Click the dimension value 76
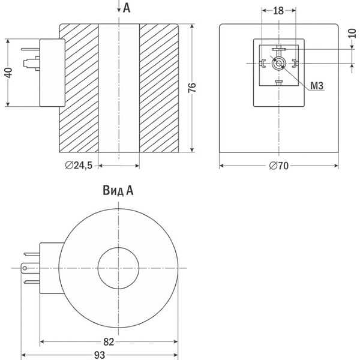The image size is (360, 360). tap(192, 88)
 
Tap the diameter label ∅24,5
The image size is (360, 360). tap(78, 166)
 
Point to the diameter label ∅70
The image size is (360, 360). tap(278, 166)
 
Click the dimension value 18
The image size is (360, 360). tap(278, 11)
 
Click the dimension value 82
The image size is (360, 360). tap(109, 342)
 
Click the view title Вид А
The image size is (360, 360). tap(118, 191)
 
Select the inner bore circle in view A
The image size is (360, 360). tap(118, 267)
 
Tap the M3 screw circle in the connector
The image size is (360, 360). tap(278, 62)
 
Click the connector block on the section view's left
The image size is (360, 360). tap(52, 72)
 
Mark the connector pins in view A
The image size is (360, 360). tap(29, 267)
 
